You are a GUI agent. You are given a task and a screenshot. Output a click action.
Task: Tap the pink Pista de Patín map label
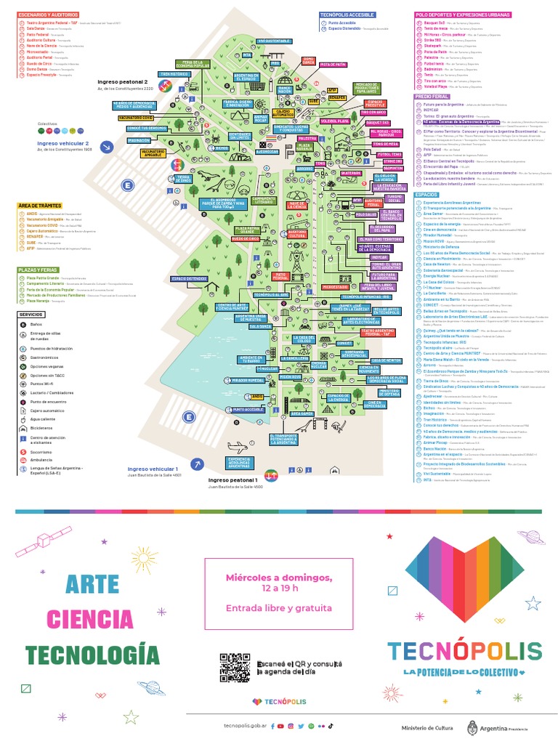tap(332, 65)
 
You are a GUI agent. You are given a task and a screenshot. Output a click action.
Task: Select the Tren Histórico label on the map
tap(175, 73)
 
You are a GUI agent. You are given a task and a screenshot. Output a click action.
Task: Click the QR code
tap(234, 666)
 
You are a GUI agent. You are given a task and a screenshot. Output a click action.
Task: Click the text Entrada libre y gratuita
tap(279, 608)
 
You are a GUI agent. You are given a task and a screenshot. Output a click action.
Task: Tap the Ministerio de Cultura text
tap(425, 726)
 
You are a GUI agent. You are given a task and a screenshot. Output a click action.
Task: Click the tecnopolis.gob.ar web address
tap(245, 726)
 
